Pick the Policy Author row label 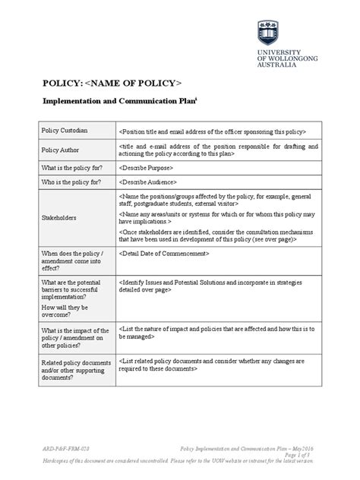[62, 150]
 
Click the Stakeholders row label [59, 218]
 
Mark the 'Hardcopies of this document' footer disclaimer [179, 461]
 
